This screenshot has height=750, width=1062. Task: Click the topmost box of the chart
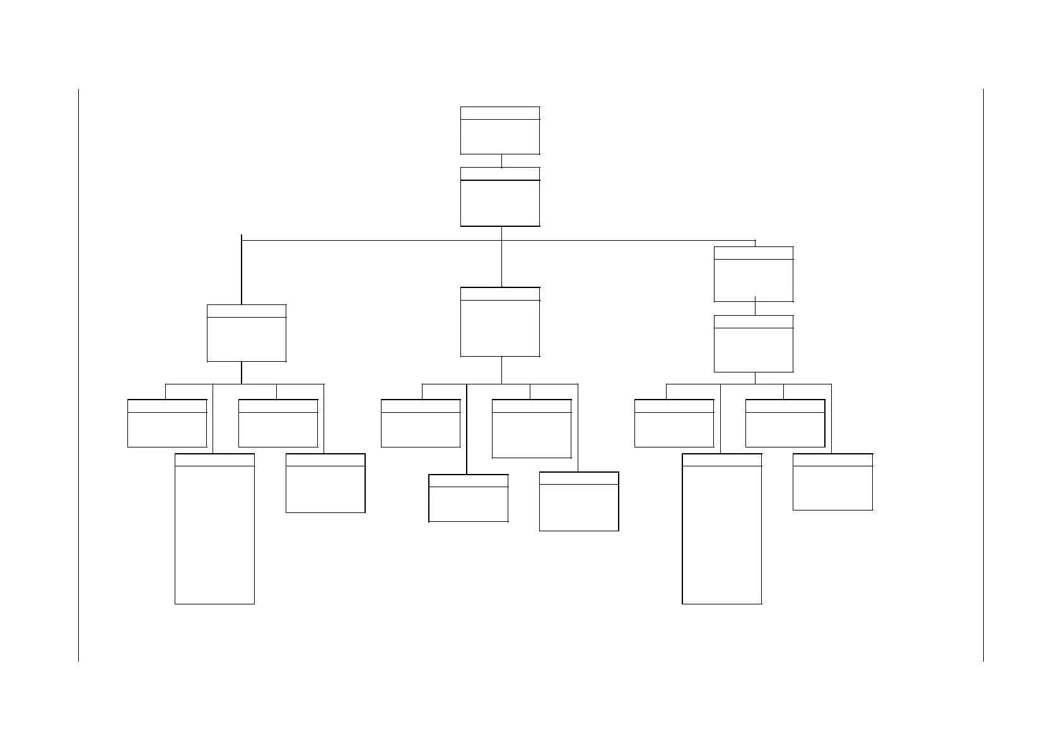click(500, 130)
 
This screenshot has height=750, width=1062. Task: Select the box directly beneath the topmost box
click(500, 197)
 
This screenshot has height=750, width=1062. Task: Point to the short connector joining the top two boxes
click(501, 161)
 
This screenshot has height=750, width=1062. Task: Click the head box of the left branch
click(247, 333)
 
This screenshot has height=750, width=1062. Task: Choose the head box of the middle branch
click(500, 322)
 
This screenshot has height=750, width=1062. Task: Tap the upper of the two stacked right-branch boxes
click(754, 274)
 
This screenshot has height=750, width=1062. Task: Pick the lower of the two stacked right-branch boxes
click(754, 343)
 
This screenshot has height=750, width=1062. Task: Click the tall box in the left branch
click(214, 529)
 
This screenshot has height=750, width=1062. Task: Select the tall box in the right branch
click(722, 529)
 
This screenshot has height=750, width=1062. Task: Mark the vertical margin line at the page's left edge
click(78, 375)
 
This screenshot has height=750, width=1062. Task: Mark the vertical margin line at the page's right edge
click(983, 375)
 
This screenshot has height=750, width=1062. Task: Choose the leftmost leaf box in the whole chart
click(167, 424)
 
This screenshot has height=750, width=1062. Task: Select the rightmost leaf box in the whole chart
click(832, 482)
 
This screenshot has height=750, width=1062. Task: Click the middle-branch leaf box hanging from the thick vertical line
click(469, 499)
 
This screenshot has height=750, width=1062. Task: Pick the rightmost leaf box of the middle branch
click(579, 502)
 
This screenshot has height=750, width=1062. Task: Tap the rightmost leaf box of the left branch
click(325, 483)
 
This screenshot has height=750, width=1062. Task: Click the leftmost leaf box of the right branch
click(674, 424)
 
